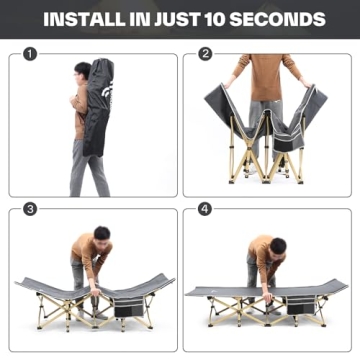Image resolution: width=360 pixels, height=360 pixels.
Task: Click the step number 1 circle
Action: click(x=30, y=54)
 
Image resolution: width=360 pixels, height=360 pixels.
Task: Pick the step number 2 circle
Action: click(x=205, y=54)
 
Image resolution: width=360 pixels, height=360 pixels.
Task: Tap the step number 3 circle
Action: click(x=30, y=210)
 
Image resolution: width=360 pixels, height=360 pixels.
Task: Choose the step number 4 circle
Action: click(x=205, y=210)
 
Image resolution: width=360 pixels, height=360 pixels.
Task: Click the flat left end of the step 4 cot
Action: click(x=200, y=292)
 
